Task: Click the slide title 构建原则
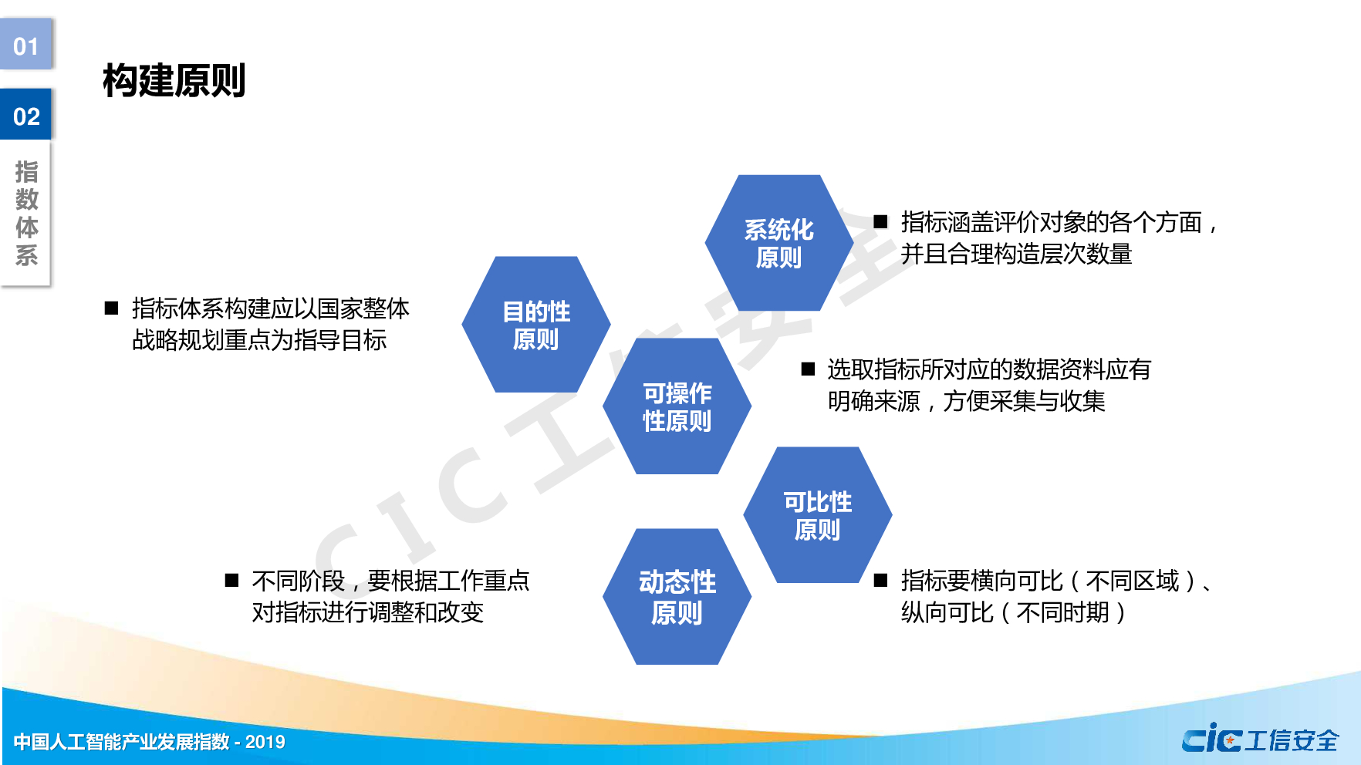pyautogui.click(x=174, y=81)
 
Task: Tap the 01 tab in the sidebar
pyautogui.click(x=26, y=45)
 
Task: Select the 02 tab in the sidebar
pyautogui.click(x=26, y=116)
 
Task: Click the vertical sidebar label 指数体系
pyautogui.click(x=26, y=213)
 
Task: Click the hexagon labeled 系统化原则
pyautogui.click(x=778, y=243)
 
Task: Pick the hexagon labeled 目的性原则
pyautogui.click(x=535, y=325)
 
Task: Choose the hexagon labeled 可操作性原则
pyautogui.click(x=677, y=406)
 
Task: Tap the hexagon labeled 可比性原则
pyautogui.click(x=817, y=515)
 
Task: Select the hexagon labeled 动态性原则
pyautogui.click(x=677, y=597)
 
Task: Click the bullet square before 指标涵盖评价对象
pyautogui.click(x=880, y=222)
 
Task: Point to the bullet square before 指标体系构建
pyautogui.click(x=111, y=308)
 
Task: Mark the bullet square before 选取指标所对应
pyautogui.click(x=808, y=369)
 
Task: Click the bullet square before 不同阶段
pyautogui.click(x=231, y=580)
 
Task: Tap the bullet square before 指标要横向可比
pyautogui.click(x=880, y=580)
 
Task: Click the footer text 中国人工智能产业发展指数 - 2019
pyautogui.click(x=150, y=742)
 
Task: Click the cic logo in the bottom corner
pyautogui.click(x=1211, y=740)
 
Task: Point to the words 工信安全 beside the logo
pyautogui.click(x=1292, y=740)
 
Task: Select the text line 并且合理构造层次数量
pyautogui.click(x=1016, y=254)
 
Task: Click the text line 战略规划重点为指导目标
pyautogui.click(x=259, y=340)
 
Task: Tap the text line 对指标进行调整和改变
pyautogui.click(x=367, y=612)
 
